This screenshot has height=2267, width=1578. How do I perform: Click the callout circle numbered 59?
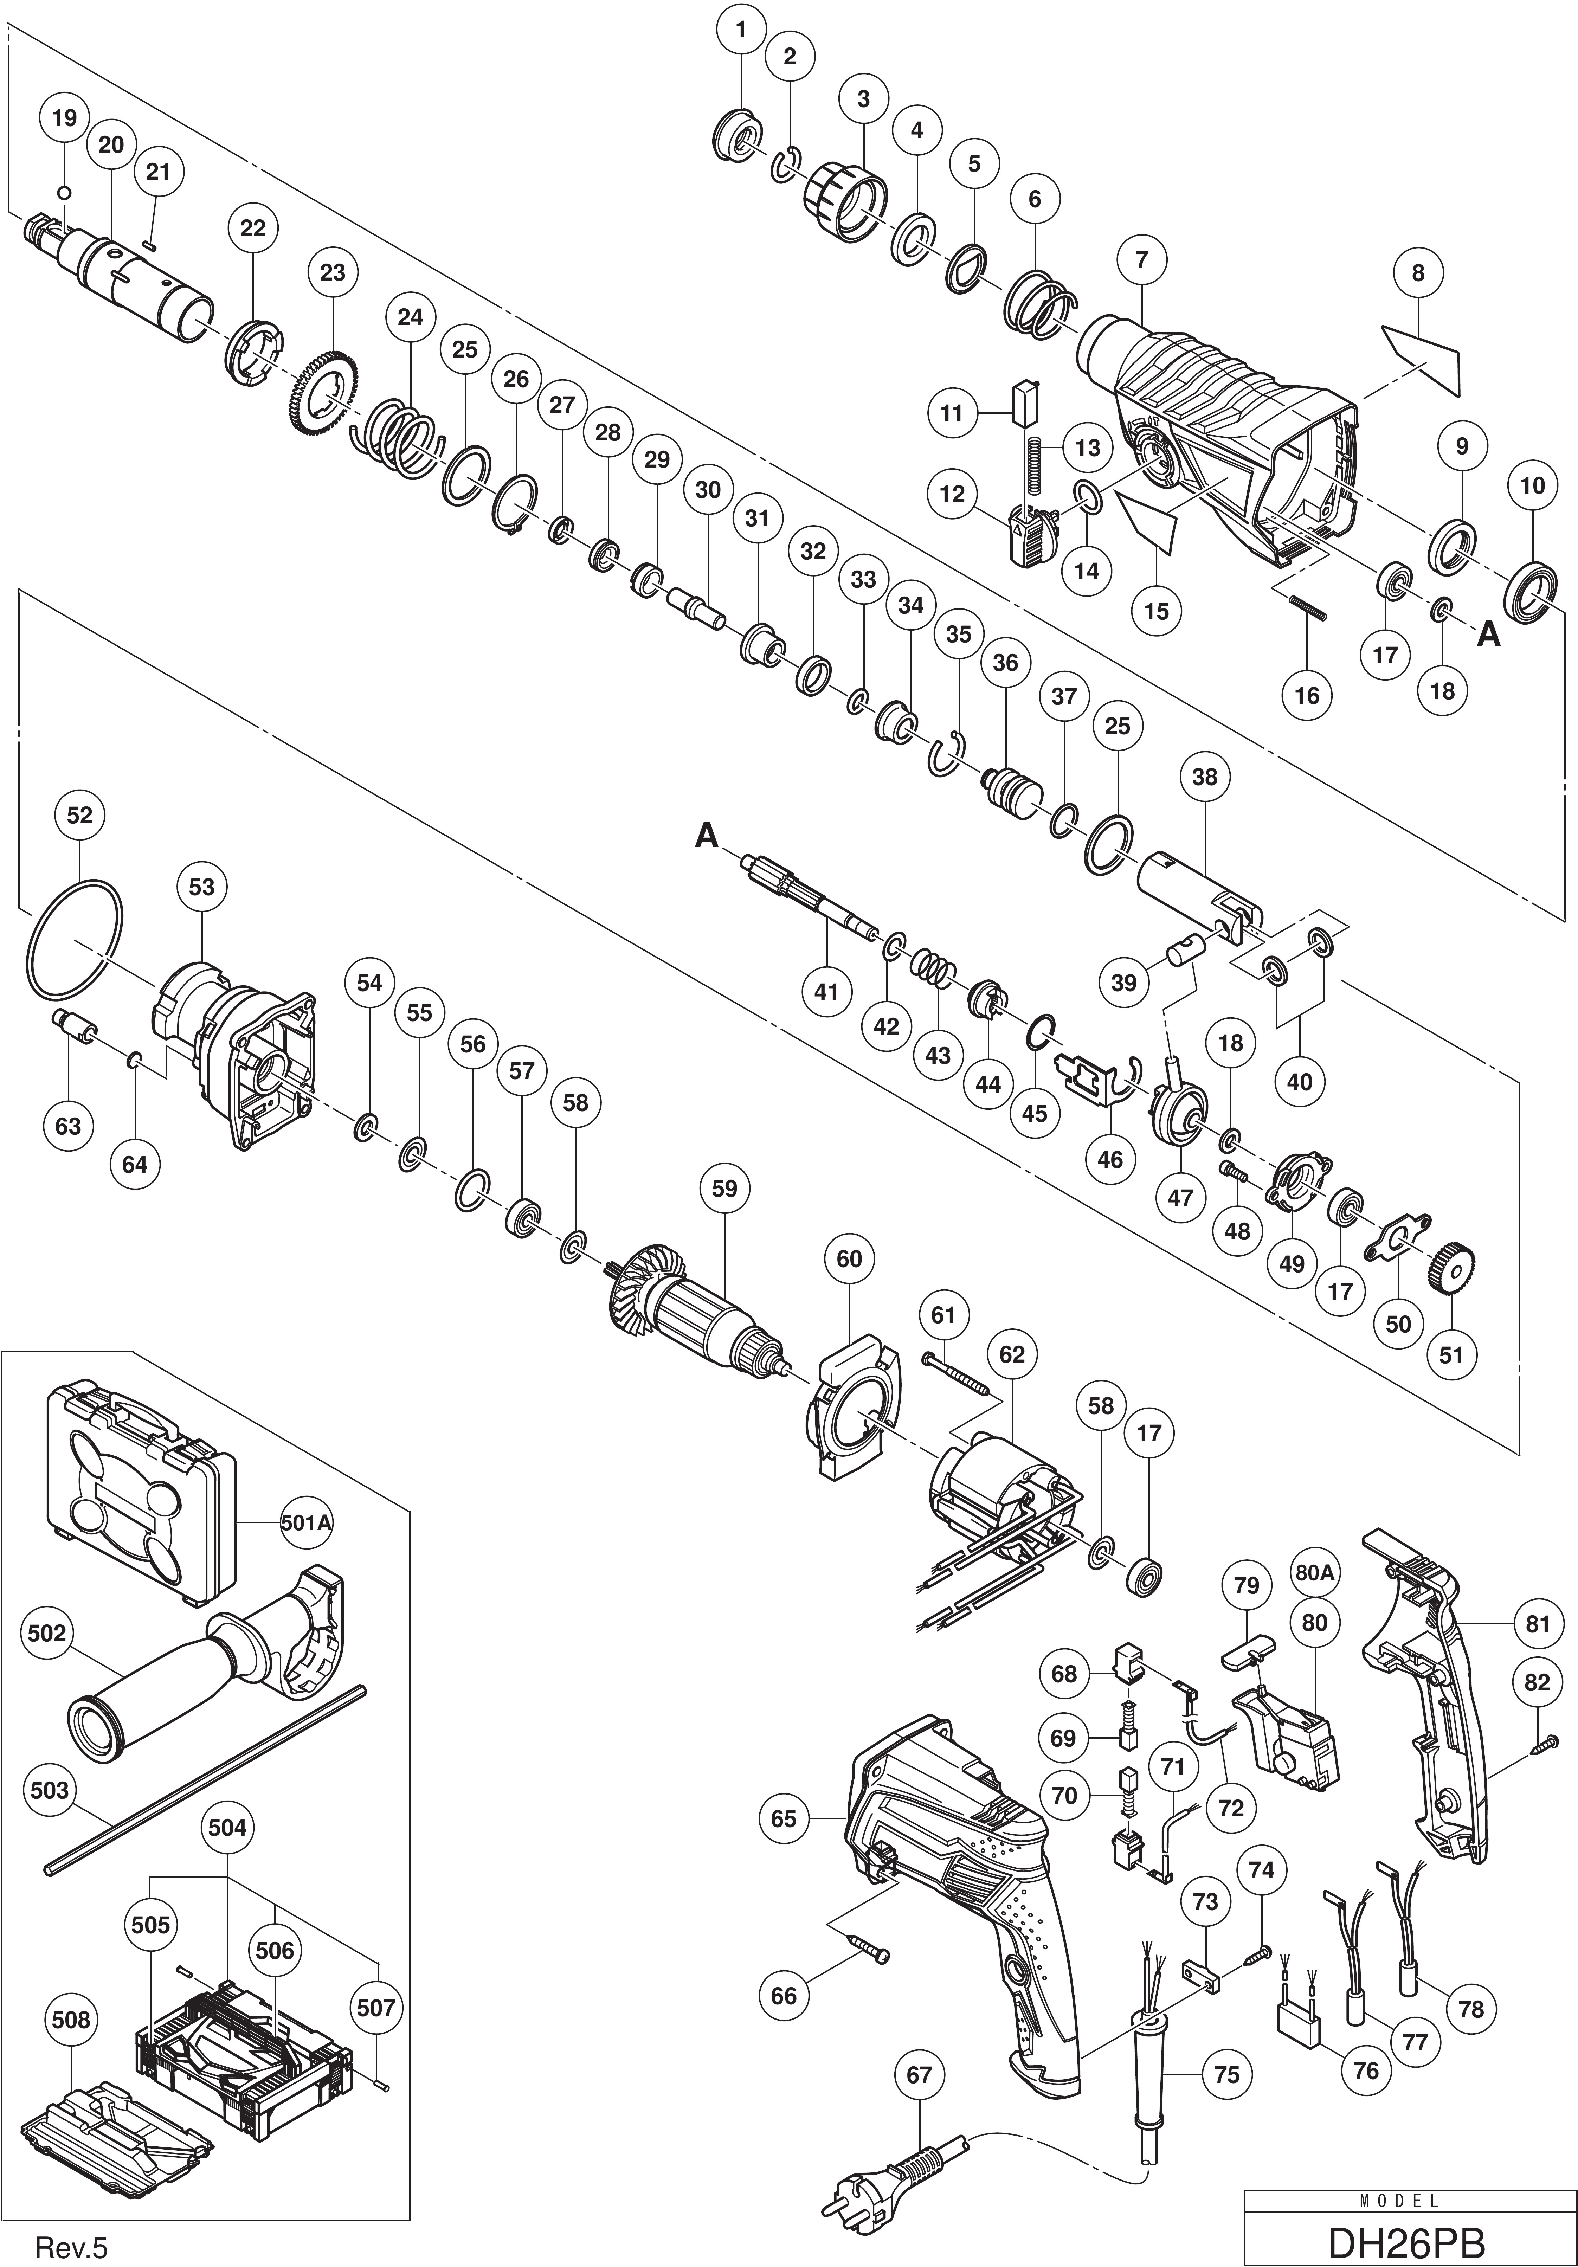click(x=724, y=1188)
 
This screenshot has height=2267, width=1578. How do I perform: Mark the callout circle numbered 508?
click(x=72, y=2020)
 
